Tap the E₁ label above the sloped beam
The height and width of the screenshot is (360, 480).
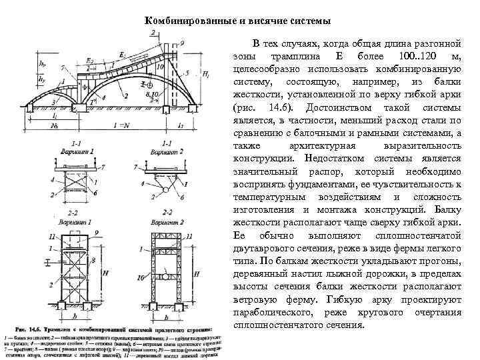click(121, 53)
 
